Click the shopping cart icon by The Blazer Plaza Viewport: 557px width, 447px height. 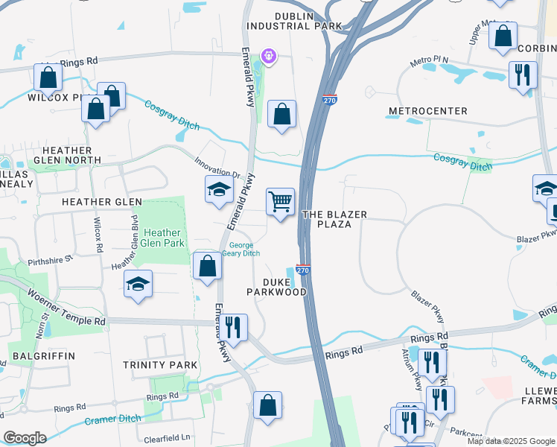280,201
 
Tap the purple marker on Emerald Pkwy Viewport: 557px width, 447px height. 268,56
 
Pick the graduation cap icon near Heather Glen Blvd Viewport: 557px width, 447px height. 139,284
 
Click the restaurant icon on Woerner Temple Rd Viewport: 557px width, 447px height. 234,327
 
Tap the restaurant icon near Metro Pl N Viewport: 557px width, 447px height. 523,74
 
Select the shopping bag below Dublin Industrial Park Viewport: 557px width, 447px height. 281,114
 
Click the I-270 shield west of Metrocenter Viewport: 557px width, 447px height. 331,99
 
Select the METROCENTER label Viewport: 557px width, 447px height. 427,111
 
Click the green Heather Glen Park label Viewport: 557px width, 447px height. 162,238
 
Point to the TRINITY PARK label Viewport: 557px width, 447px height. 161,365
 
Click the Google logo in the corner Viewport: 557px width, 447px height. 25,438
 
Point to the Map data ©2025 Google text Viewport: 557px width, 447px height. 511,441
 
